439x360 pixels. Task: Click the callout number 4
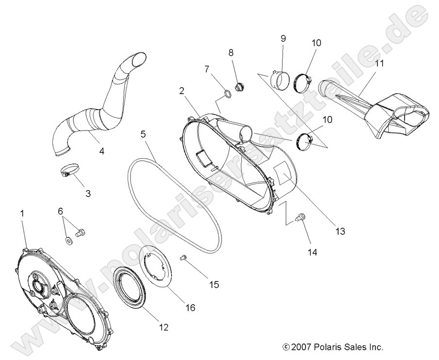coord(101,151)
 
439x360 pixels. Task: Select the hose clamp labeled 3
coord(69,171)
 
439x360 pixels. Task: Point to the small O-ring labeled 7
coord(227,92)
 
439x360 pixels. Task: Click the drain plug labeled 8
coord(239,87)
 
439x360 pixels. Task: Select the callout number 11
coord(379,63)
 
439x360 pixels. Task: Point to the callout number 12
coord(163,327)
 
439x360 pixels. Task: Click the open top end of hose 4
coord(138,59)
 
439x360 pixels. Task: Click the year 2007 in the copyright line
coord(300,347)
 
